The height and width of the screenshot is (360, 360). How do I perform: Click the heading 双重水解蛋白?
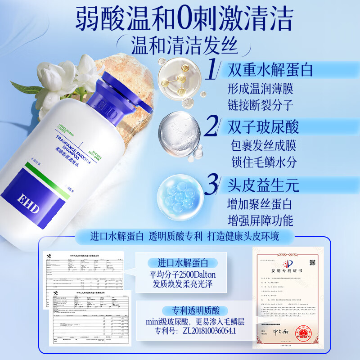270,70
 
